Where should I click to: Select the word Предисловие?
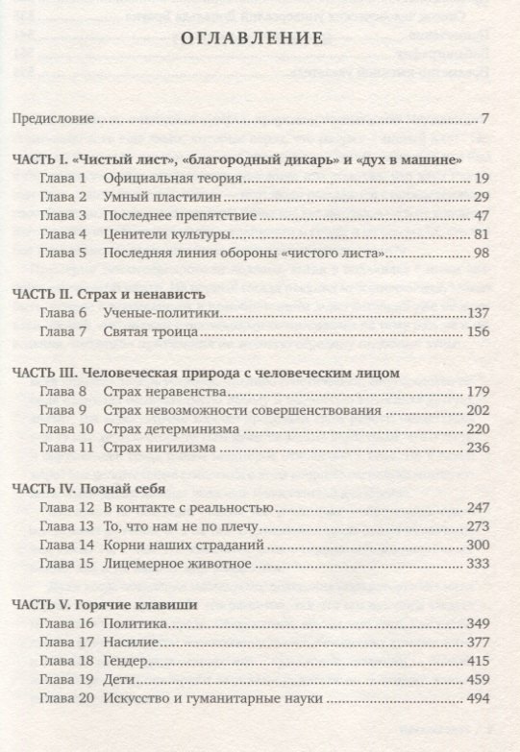click(x=53, y=120)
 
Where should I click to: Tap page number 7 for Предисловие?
click(x=487, y=120)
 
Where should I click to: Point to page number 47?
click(x=483, y=215)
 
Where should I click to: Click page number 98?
click(x=483, y=253)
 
